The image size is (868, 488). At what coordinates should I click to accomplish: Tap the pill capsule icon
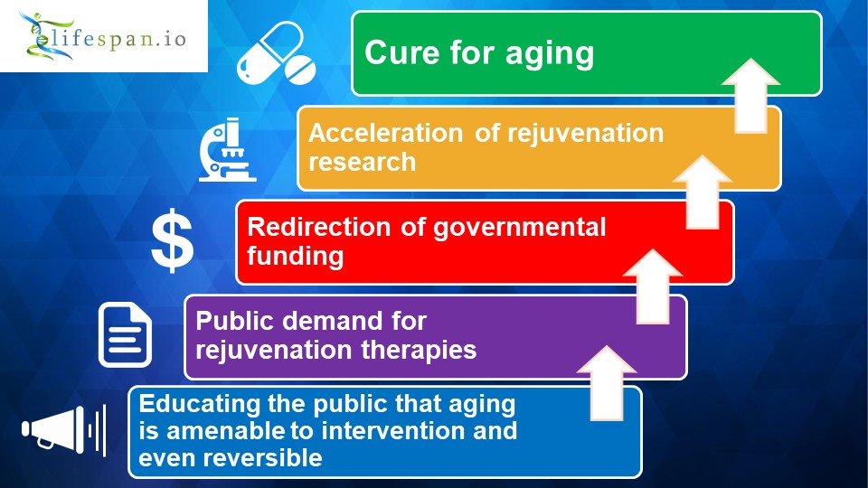point(277,53)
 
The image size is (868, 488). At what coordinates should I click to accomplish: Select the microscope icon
point(227,149)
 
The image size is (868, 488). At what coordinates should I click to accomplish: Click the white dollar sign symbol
point(173,240)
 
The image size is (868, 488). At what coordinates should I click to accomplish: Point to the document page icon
point(125,334)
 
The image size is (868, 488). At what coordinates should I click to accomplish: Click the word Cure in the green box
point(401,53)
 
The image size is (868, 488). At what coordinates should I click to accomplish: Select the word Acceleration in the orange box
point(386,134)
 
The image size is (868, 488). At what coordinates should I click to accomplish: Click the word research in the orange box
point(362,162)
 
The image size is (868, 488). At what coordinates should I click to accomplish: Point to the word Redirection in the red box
point(319,228)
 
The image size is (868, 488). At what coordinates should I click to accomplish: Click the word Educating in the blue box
point(199,405)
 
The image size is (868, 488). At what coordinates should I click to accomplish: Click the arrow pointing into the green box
point(750,96)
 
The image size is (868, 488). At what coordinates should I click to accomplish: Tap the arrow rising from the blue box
point(607,383)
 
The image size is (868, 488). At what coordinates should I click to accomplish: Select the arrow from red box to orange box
point(703,192)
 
